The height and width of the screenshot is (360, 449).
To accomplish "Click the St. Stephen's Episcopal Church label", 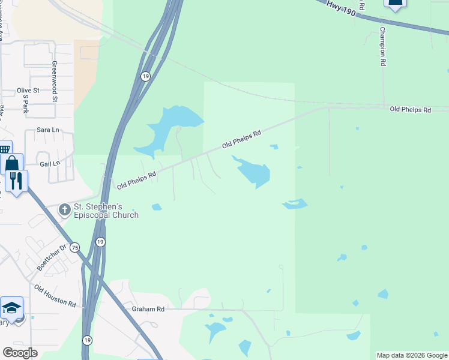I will point(106,211).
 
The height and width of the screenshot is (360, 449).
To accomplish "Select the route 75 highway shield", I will point(75,247).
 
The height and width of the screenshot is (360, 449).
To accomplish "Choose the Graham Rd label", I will point(148,309).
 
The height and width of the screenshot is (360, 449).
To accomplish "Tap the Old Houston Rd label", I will point(55,296).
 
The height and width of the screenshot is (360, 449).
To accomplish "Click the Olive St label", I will point(28,91).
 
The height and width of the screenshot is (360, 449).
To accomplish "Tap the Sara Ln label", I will point(48,130).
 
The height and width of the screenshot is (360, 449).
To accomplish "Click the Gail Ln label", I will point(50,163).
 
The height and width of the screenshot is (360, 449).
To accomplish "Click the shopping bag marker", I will point(12,163).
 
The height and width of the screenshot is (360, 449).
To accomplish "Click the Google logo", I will point(20,353).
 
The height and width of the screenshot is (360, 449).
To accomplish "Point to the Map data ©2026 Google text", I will point(412,355).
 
